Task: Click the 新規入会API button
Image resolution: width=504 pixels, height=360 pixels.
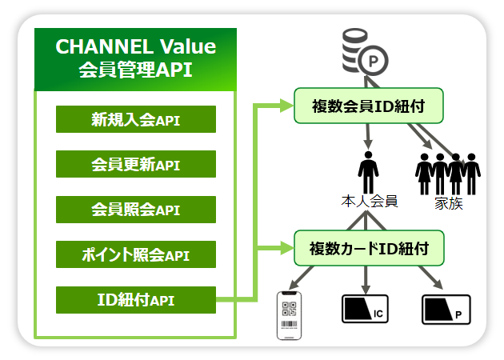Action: (x=136, y=119)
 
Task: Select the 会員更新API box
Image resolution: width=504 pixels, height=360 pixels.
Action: (x=136, y=164)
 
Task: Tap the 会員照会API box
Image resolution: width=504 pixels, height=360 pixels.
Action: (x=136, y=210)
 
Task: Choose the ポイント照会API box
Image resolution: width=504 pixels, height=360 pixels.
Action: (x=136, y=254)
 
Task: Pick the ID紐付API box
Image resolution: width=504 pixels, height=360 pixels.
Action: (x=136, y=300)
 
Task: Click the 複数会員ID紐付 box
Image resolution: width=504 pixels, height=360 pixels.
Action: (x=369, y=106)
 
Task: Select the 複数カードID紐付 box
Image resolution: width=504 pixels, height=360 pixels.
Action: (x=369, y=248)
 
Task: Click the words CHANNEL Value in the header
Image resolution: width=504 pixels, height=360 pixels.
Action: (x=136, y=46)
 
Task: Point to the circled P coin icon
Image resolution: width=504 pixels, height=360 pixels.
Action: (x=373, y=61)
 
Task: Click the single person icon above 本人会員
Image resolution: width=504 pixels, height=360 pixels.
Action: (x=368, y=173)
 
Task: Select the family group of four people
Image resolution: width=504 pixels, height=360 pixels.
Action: (x=448, y=174)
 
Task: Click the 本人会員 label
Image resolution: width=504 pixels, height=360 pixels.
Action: (x=370, y=202)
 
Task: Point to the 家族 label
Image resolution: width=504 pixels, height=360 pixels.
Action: (x=449, y=203)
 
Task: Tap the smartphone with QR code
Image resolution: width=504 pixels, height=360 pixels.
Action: (x=290, y=315)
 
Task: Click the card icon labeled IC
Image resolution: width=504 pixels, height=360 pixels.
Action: (x=365, y=309)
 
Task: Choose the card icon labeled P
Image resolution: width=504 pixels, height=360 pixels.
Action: (x=446, y=310)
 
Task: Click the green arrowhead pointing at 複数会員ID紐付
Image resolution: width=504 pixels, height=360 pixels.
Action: (x=286, y=106)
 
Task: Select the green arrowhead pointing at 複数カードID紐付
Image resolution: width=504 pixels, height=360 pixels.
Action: (x=286, y=248)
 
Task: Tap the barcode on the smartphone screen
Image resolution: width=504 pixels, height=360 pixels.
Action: (x=290, y=324)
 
